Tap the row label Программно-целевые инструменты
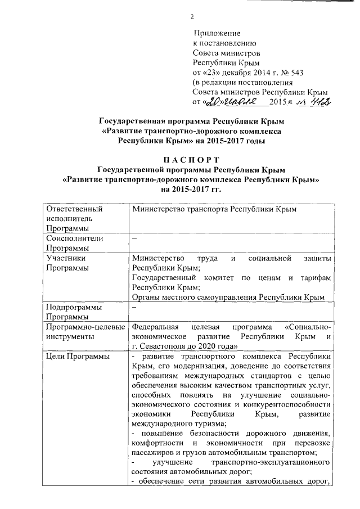tap(85, 332)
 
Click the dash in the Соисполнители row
tap(134, 238)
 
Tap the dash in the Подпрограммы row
tap(134, 307)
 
